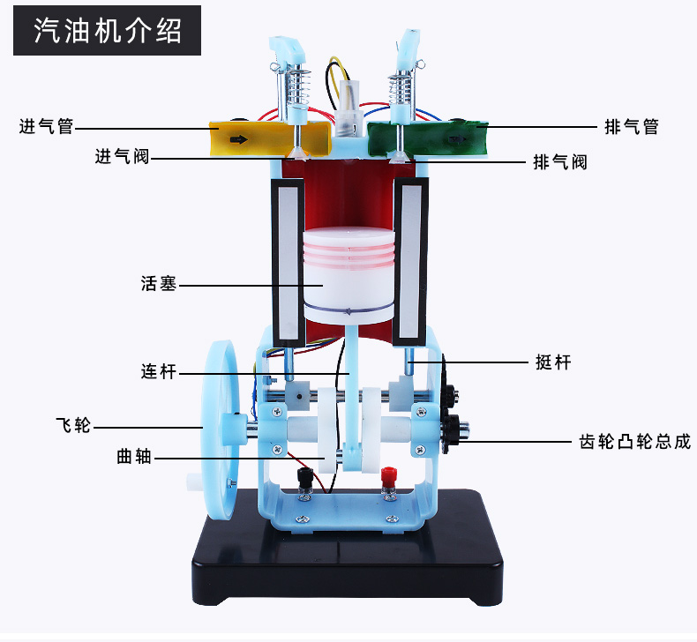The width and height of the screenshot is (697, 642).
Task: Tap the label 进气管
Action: click(46, 127)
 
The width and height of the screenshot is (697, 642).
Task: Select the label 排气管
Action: click(632, 127)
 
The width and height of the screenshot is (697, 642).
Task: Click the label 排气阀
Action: click(560, 162)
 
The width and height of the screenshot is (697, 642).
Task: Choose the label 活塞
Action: click(159, 284)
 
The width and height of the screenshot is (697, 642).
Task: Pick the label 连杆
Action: click(159, 372)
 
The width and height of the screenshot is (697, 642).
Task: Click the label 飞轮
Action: click(72, 426)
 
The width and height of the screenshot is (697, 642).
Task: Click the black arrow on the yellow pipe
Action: click(239, 139)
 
